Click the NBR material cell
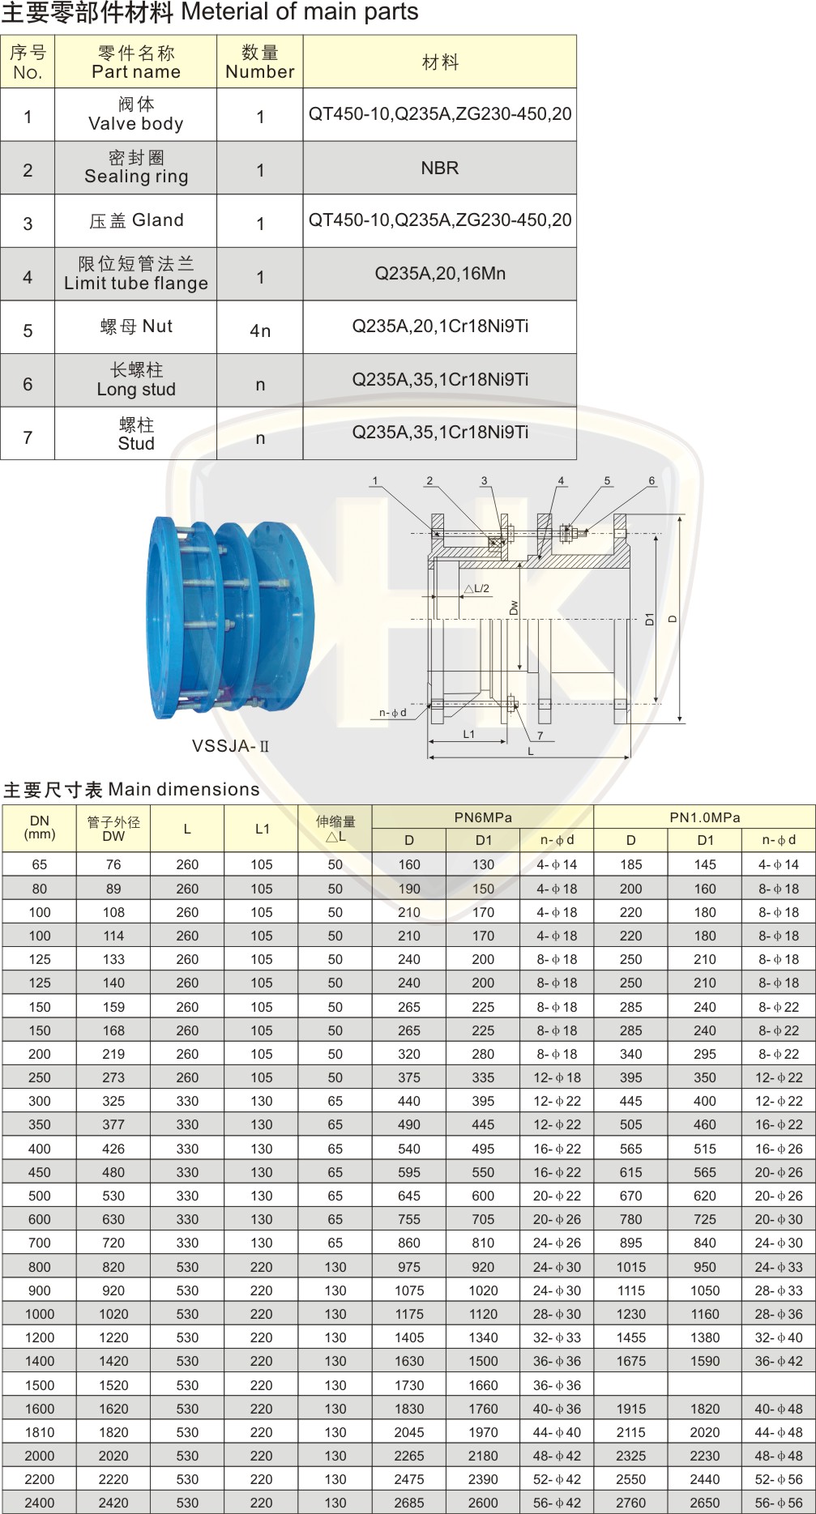pyautogui.click(x=439, y=168)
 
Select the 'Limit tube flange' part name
pyautogui.click(x=136, y=283)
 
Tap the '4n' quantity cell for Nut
pyautogui.click(x=260, y=331)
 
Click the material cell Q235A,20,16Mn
pyautogui.click(x=440, y=274)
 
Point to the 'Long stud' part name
pyautogui.click(x=136, y=389)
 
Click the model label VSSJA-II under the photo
pyautogui.click(x=230, y=746)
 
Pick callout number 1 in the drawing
pyautogui.click(x=374, y=480)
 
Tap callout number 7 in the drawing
pyautogui.click(x=540, y=736)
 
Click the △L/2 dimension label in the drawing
pyautogui.click(x=476, y=589)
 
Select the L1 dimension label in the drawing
pyautogui.click(x=468, y=734)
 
